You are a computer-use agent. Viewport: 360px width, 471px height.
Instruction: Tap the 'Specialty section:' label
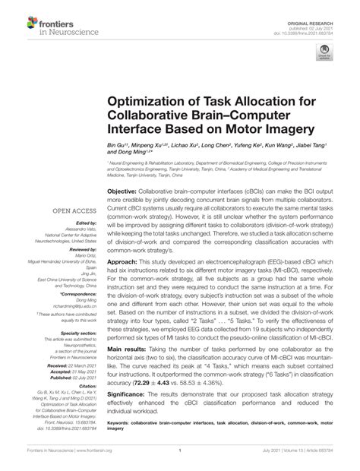(73, 332)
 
